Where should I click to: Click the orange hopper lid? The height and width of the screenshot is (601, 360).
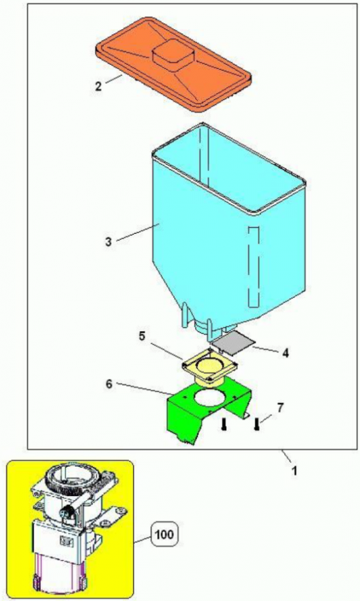(172, 65)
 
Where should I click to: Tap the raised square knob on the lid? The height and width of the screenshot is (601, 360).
(172, 57)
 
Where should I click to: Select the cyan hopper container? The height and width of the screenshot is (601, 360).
(228, 230)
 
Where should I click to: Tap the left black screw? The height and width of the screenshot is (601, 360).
(224, 424)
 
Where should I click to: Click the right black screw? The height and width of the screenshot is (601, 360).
(256, 424)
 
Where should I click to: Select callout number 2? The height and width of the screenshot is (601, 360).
(99, 85)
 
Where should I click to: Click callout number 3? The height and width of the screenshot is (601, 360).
(108, 242)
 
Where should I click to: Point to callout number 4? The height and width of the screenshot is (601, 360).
(285, 353)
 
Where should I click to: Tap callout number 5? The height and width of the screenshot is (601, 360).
(142, 336)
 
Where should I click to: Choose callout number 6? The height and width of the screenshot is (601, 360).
(109, 384)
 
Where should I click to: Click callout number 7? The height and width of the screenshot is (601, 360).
(280, 408)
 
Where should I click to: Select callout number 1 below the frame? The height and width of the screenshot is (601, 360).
(295, 470)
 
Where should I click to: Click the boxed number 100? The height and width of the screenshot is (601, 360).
(165, 534)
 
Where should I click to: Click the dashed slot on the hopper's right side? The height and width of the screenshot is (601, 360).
(254, 267)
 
